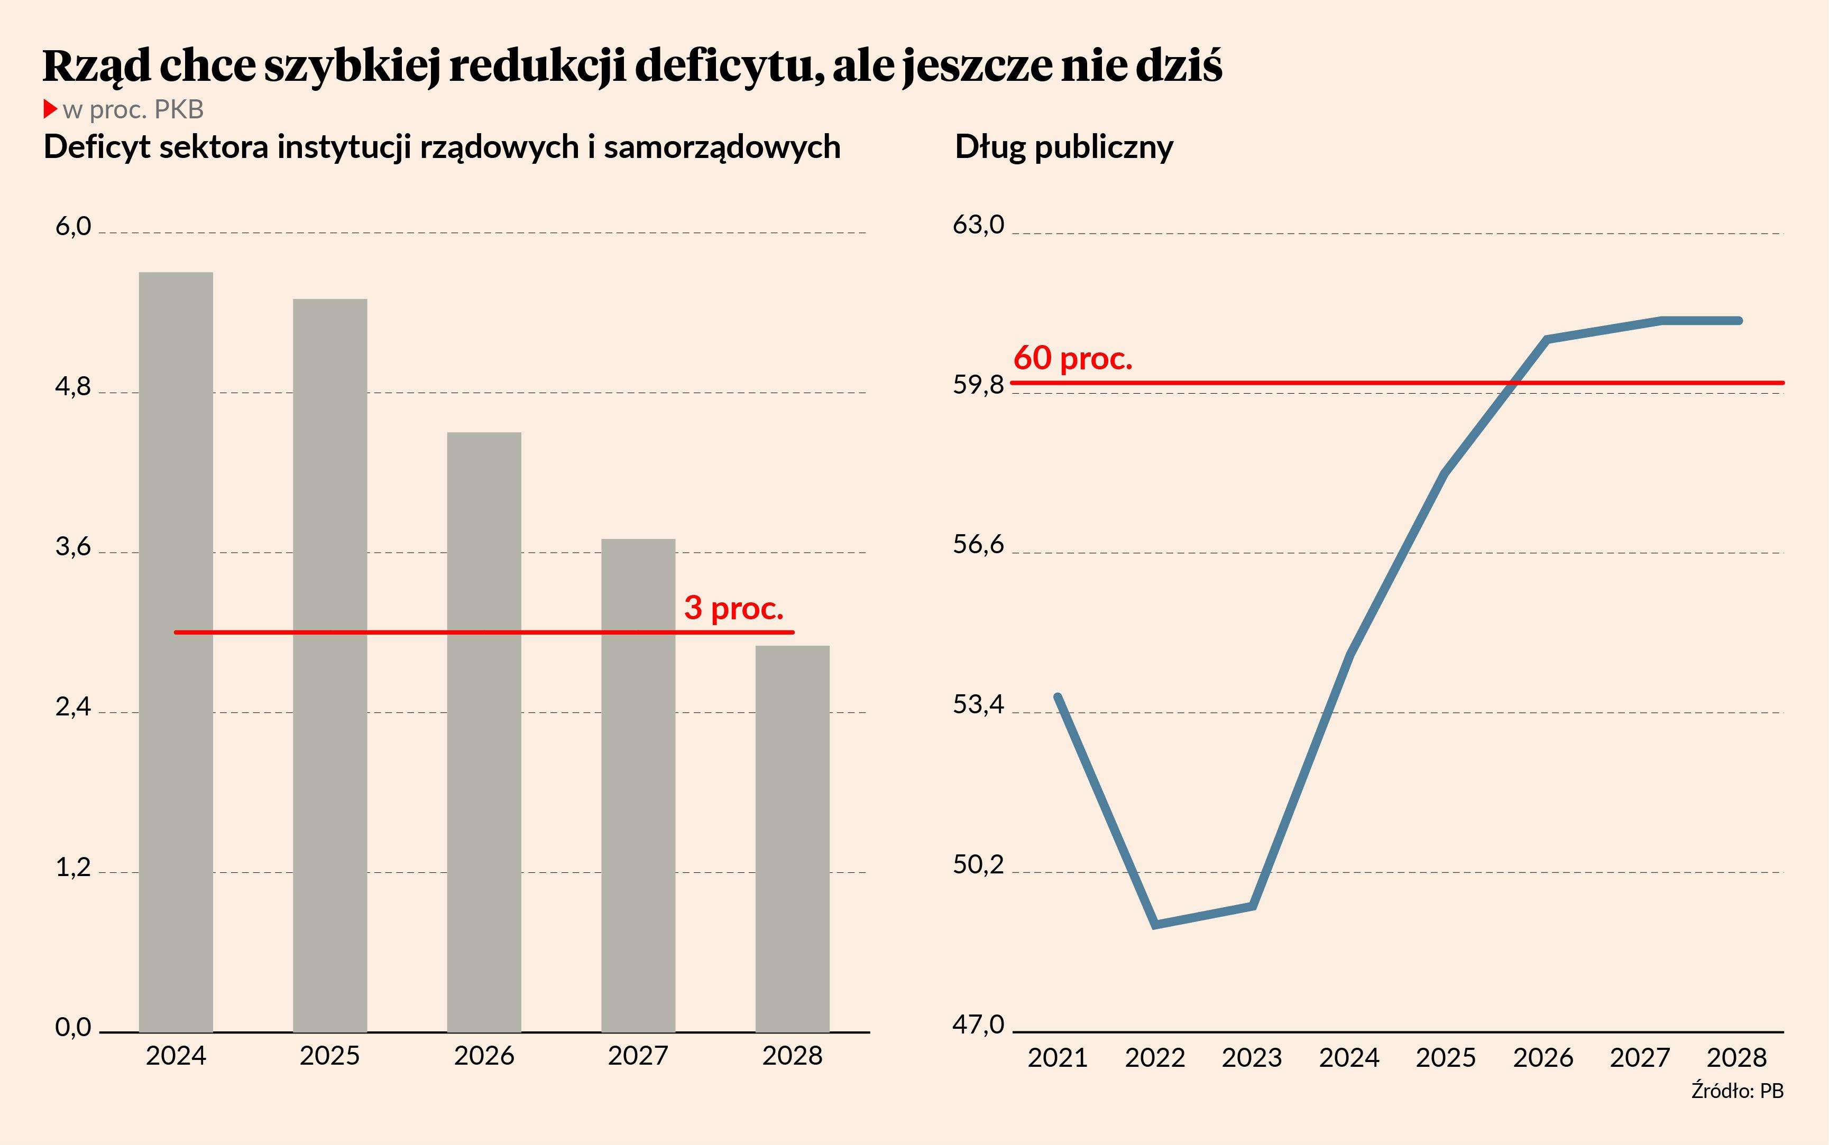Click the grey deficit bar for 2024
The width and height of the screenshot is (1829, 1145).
(176, 651)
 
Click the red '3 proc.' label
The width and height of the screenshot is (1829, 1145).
(733, 608)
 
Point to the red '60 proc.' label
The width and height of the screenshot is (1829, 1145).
(1072, 358)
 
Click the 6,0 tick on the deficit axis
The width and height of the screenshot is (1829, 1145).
(73, 227)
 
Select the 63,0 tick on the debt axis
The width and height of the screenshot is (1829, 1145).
(978, 225)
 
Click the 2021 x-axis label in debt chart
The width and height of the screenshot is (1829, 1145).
(1057, 1057)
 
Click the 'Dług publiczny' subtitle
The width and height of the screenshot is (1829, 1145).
(1064, 147)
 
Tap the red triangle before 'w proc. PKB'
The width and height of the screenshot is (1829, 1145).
(50, 109)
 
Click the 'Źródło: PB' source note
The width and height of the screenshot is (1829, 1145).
(1736, 1091)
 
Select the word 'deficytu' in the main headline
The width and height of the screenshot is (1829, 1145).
(728, 66)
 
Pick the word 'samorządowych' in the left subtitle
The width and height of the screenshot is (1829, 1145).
(722, 147)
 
